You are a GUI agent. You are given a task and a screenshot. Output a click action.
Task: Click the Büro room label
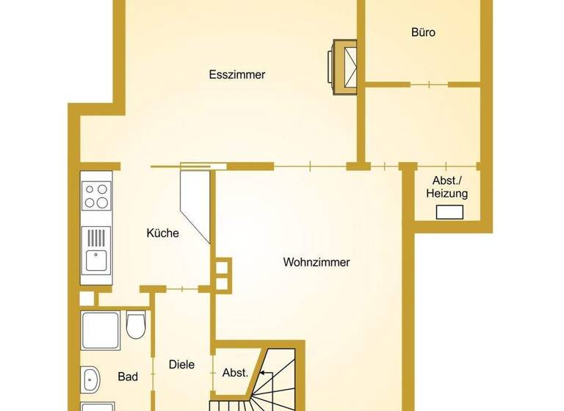pyautogui.click(x=423, y=32)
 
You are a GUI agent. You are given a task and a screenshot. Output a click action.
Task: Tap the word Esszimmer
pyautogui.click(x=236, y=75)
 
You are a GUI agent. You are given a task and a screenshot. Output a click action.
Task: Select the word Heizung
pyautogui.click(x=446, y=194)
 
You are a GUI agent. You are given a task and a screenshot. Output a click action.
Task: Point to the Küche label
pyautogui.click(x=162, y=233)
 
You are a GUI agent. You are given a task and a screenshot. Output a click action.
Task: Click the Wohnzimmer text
pyautogui.click(x=316, y=262)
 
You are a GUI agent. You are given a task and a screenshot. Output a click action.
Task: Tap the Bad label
pyautogui.click(x=128, y=377)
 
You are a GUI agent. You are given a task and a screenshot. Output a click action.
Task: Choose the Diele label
pyautogui.click(x=181, y=364)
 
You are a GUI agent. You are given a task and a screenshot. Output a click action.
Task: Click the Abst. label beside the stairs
pyautogui.click(x=235, y=372)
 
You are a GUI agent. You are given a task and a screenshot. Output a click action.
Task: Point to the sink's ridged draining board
pyautogui.click(x=95, y=237)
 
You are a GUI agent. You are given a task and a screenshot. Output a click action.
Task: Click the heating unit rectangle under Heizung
pyautogui.click(x=449, y=213)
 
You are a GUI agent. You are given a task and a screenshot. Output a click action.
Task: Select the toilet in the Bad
pyautogui.click(x=136, y=325)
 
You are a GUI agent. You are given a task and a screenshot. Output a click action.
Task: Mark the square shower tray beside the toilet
pyautogui.click(x=101, y=330)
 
